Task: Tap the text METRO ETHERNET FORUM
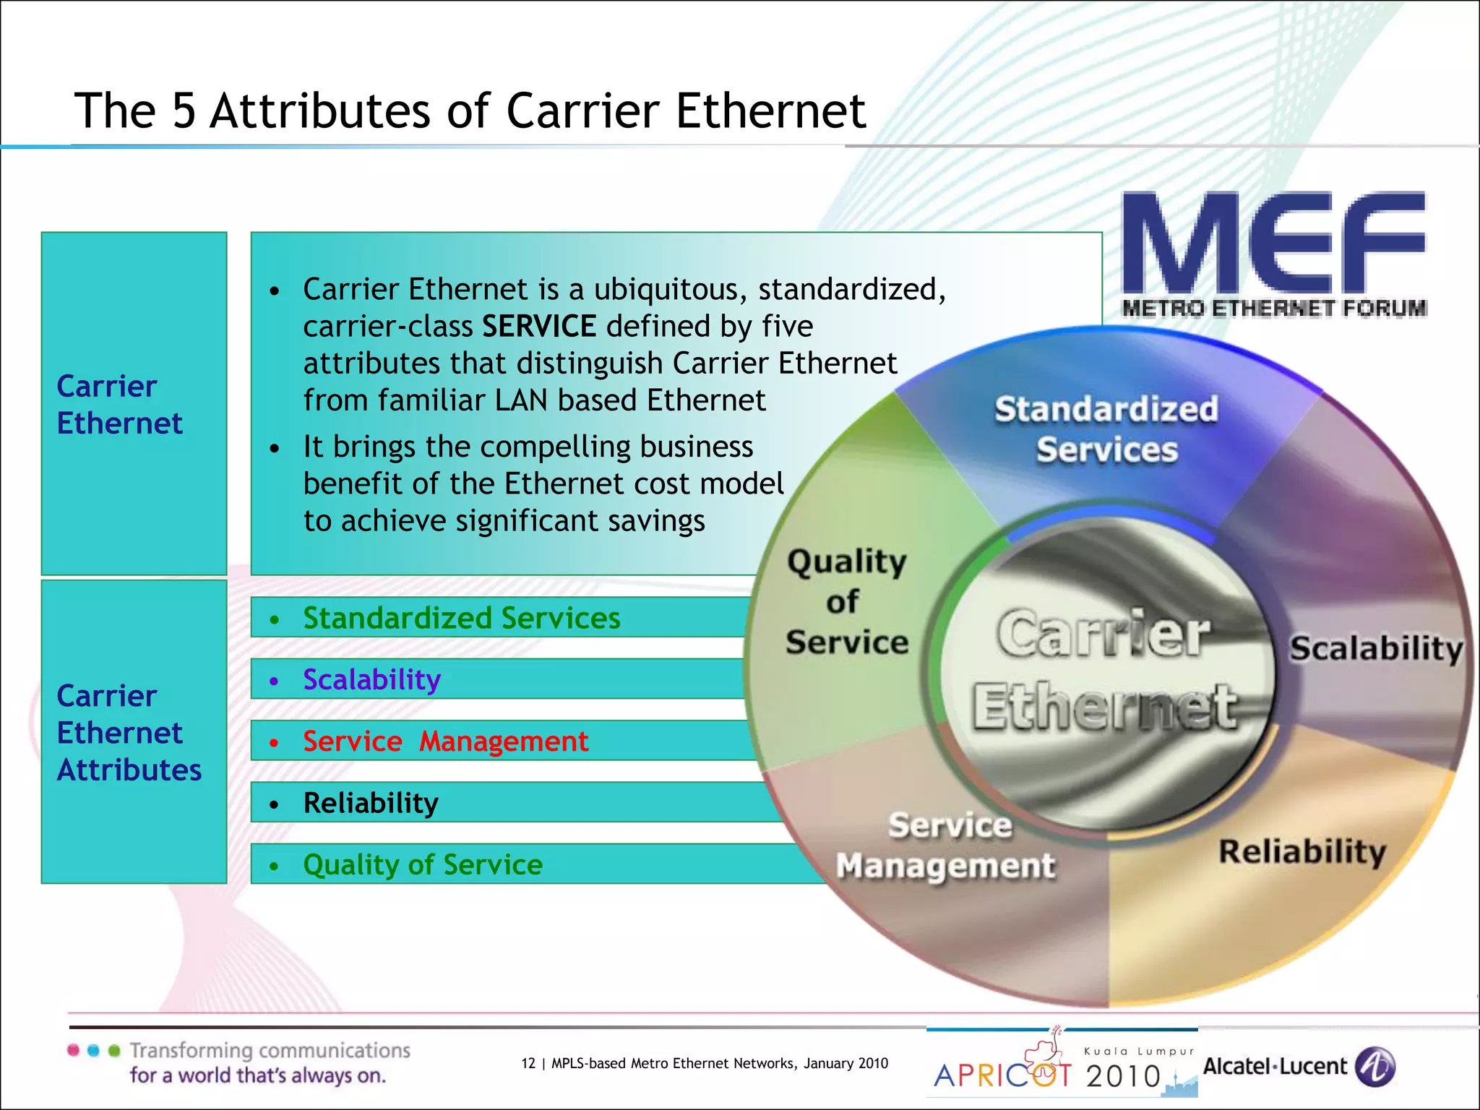(x=1274, y=309)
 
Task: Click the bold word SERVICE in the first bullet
(x=539, y=327)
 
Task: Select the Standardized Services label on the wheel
(x=1106, y=429)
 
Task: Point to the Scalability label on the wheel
(x=1376, y=648)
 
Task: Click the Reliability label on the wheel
(x=1302, y=851)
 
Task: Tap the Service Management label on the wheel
(x=946, y=846)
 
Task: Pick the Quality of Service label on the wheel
(x=846, y=602)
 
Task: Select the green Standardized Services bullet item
(x=461, y=619)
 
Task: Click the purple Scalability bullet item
(x=371, y=680)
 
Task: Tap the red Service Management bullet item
(x=445, y=741)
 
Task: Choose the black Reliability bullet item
(x=371, y=804)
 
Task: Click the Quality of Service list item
(x=423, y=865)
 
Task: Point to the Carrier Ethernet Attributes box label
(x=129, y=733)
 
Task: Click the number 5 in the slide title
(x=184, y=111)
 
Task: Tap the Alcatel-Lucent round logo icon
(x=1374, y=1067)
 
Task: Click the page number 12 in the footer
(x=528, y=1063)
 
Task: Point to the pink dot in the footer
(x=73, y=1050)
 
